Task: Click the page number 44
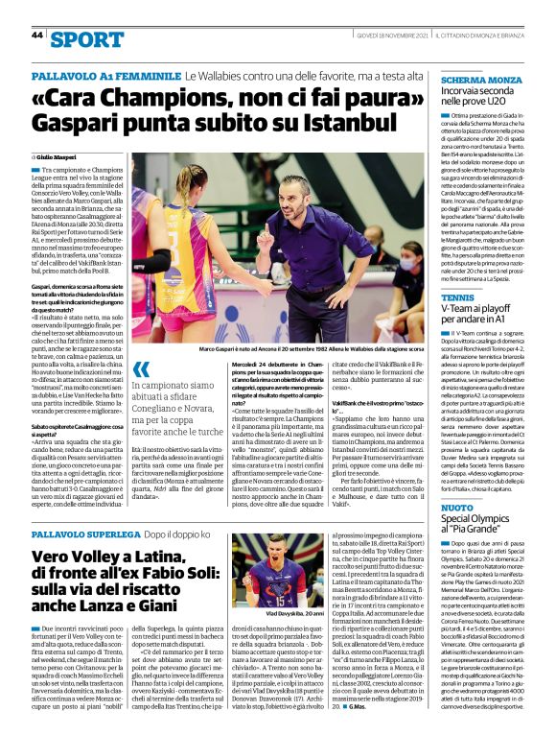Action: [x=37, y=35]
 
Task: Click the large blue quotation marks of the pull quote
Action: [x=141, y=369]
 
